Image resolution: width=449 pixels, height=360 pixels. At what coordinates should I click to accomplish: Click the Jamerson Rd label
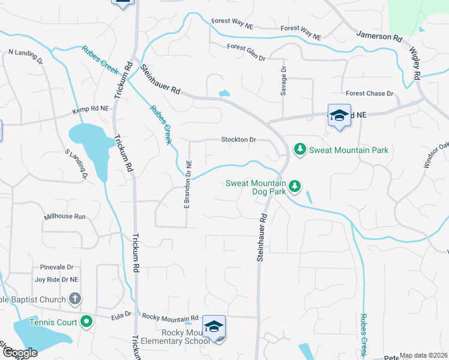point(379,37)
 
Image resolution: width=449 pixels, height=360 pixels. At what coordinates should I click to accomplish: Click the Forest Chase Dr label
point(369,94)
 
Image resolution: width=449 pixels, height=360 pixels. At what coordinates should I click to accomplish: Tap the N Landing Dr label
point(26,57)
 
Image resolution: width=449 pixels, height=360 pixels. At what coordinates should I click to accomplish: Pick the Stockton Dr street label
point(238,140)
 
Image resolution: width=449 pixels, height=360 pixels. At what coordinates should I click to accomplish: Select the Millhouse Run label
point(65,216)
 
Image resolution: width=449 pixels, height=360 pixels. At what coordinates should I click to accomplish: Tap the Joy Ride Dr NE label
point(58,279)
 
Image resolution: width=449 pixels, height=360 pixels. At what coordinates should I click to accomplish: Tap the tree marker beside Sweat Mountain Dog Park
point(295,187)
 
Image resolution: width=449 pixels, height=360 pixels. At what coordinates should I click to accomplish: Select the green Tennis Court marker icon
point(86,322)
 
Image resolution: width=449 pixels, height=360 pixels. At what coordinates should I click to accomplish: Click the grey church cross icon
point(75,298)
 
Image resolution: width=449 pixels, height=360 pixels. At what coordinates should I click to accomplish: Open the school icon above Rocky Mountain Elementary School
point(214,327)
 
